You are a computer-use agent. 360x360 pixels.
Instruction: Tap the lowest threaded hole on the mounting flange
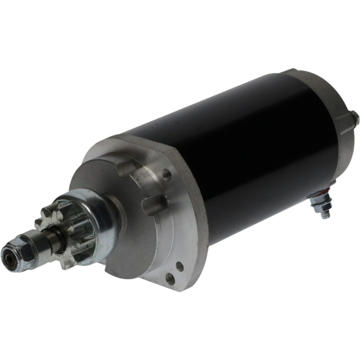(x=170, y=279)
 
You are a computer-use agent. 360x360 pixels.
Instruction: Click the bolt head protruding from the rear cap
(x=355, y=118)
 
